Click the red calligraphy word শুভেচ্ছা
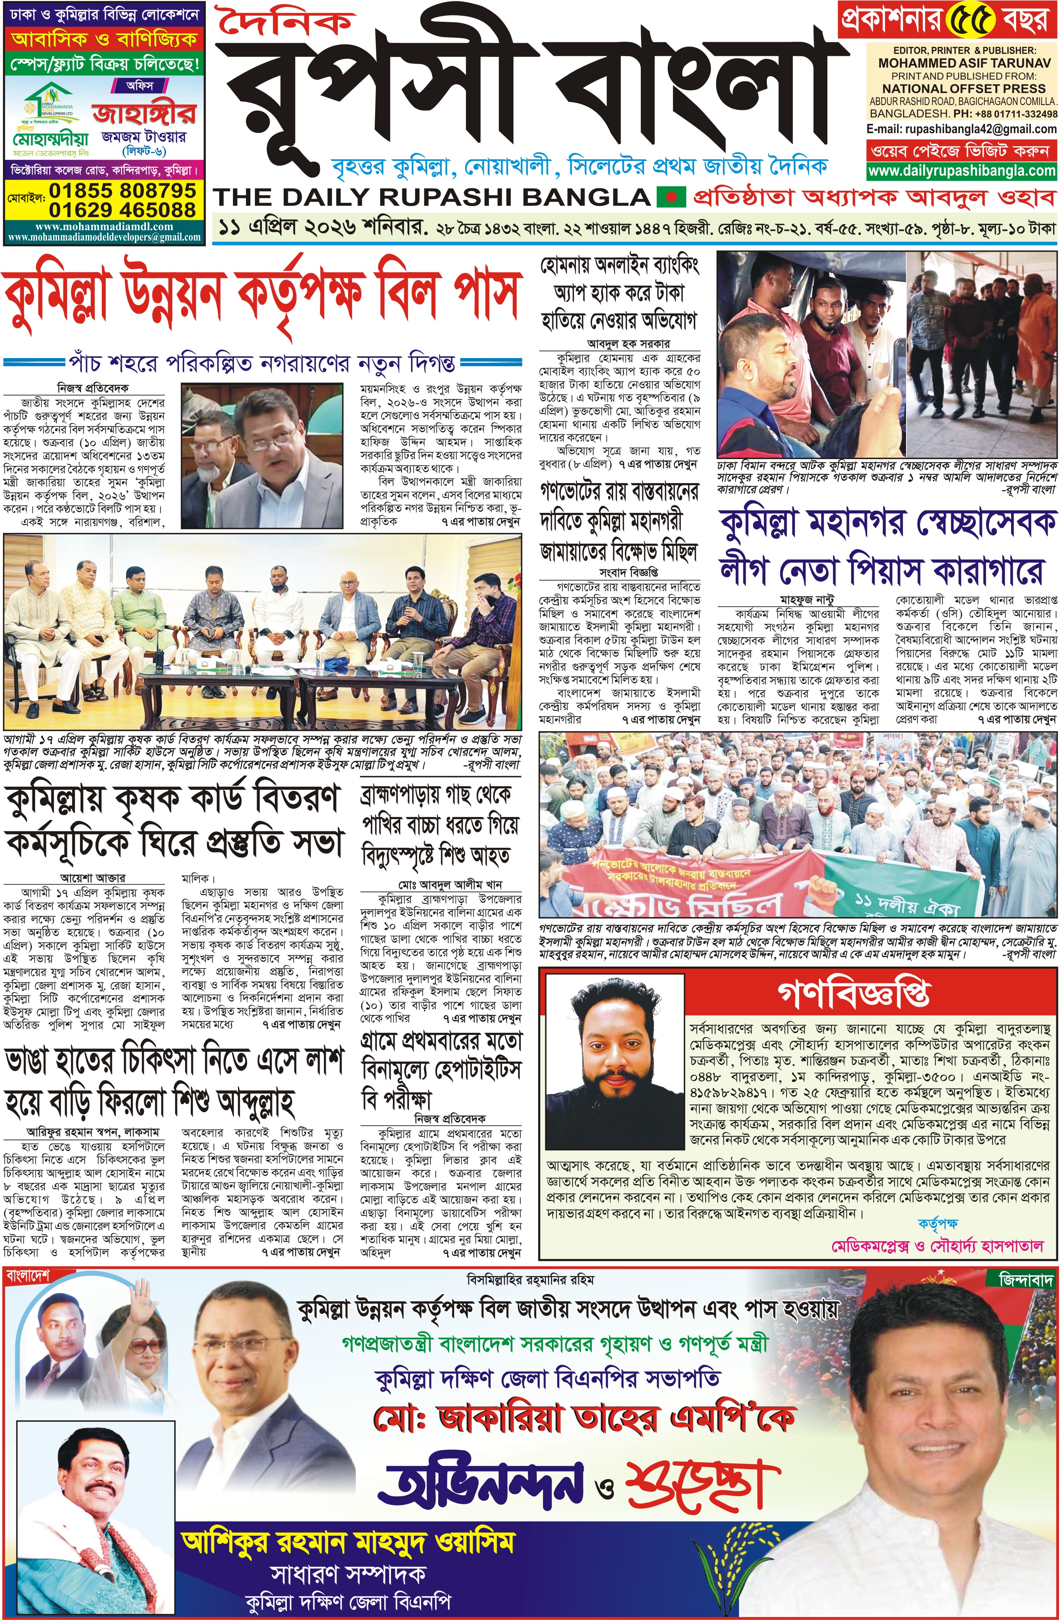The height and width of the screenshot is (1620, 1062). (x=701, y=1481)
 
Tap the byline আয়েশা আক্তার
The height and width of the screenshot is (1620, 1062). (x=92, y=878)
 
